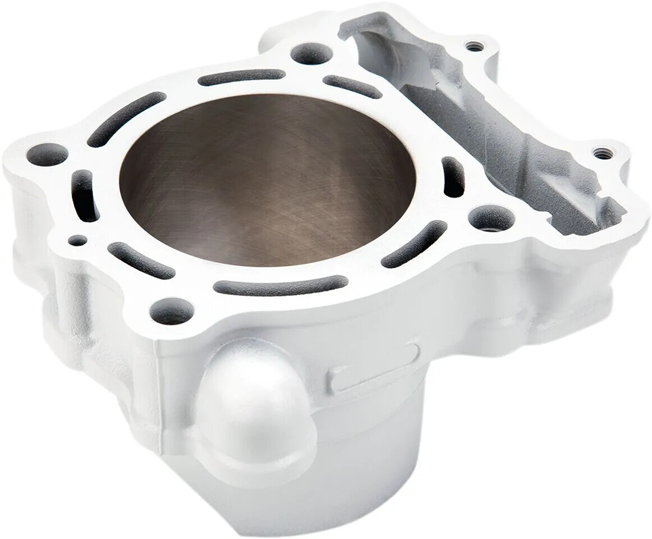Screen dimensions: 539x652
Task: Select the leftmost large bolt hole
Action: (47, 154)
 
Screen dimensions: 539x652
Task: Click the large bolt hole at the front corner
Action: (172, 310)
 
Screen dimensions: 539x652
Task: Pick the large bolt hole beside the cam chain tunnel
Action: (491, 218)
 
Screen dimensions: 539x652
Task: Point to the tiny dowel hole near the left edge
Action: (77, 240)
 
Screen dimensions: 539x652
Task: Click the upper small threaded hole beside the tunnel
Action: (475, 47)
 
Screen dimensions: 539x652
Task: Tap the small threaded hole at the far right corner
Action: (602, 152)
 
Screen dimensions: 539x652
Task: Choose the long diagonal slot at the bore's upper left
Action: (126, 118)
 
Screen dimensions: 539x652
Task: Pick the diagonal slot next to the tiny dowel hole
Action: (140, 260)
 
